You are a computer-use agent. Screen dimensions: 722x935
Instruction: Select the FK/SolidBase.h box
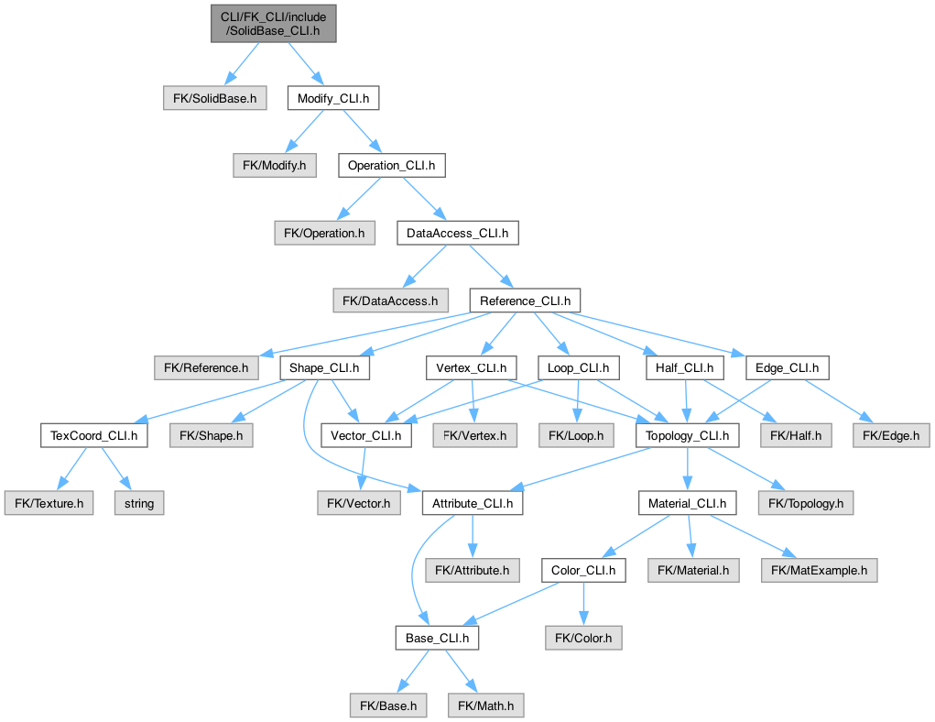coord(215,97)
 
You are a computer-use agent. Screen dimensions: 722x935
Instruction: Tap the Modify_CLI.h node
coord(332,97)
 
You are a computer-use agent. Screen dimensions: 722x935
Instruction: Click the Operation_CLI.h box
coord(391,166)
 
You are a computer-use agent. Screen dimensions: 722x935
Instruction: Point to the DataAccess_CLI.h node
coord(457,234)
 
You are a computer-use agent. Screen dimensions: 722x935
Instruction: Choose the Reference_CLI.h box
coord(524,301)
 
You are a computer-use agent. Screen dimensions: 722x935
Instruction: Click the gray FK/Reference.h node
coord(206,368)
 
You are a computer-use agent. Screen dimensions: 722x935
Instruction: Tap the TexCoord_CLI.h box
coord(94,436)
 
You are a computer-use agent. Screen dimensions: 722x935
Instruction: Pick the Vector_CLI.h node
coord(364,436)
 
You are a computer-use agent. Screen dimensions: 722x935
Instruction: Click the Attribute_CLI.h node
coord(473,503)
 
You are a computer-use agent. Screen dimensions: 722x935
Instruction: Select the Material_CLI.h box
coord(687,503)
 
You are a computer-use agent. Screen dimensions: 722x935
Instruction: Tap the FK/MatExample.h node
coord(819,571)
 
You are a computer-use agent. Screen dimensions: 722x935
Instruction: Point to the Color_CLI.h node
coord(583,571)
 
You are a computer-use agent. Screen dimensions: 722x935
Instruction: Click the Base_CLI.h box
coord(436,638)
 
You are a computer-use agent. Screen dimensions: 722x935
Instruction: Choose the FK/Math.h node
coord(485,706)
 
